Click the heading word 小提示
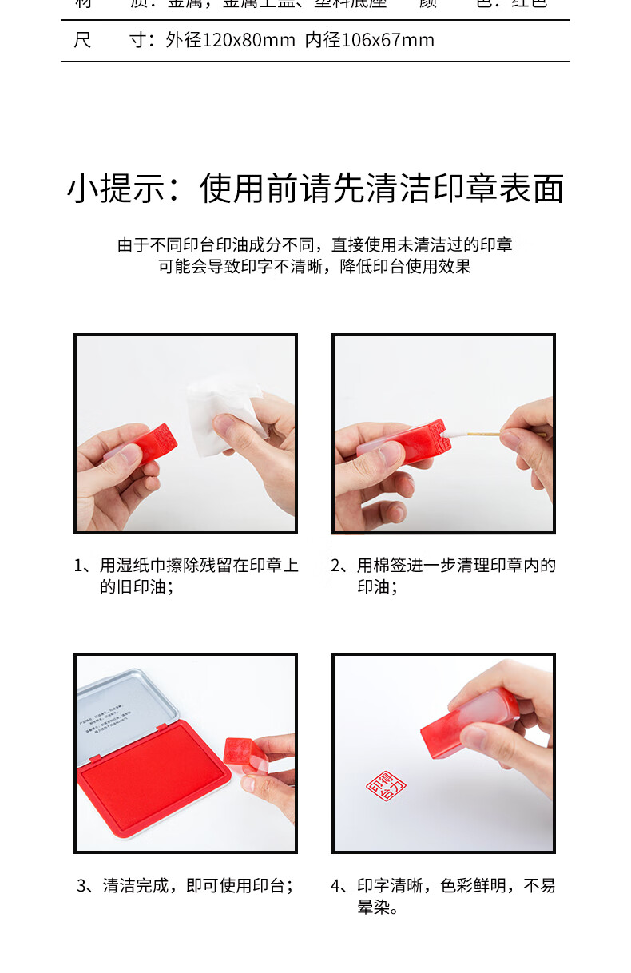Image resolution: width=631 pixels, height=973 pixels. (117, 189)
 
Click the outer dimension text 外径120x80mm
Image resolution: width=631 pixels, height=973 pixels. (231, 40)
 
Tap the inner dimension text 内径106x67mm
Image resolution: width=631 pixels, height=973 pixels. (370, 40)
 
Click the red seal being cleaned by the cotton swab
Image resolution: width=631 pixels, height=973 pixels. (415, 441)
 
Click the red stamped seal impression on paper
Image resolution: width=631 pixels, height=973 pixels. (386, 788)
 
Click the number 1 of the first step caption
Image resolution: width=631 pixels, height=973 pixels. (79, 566)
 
